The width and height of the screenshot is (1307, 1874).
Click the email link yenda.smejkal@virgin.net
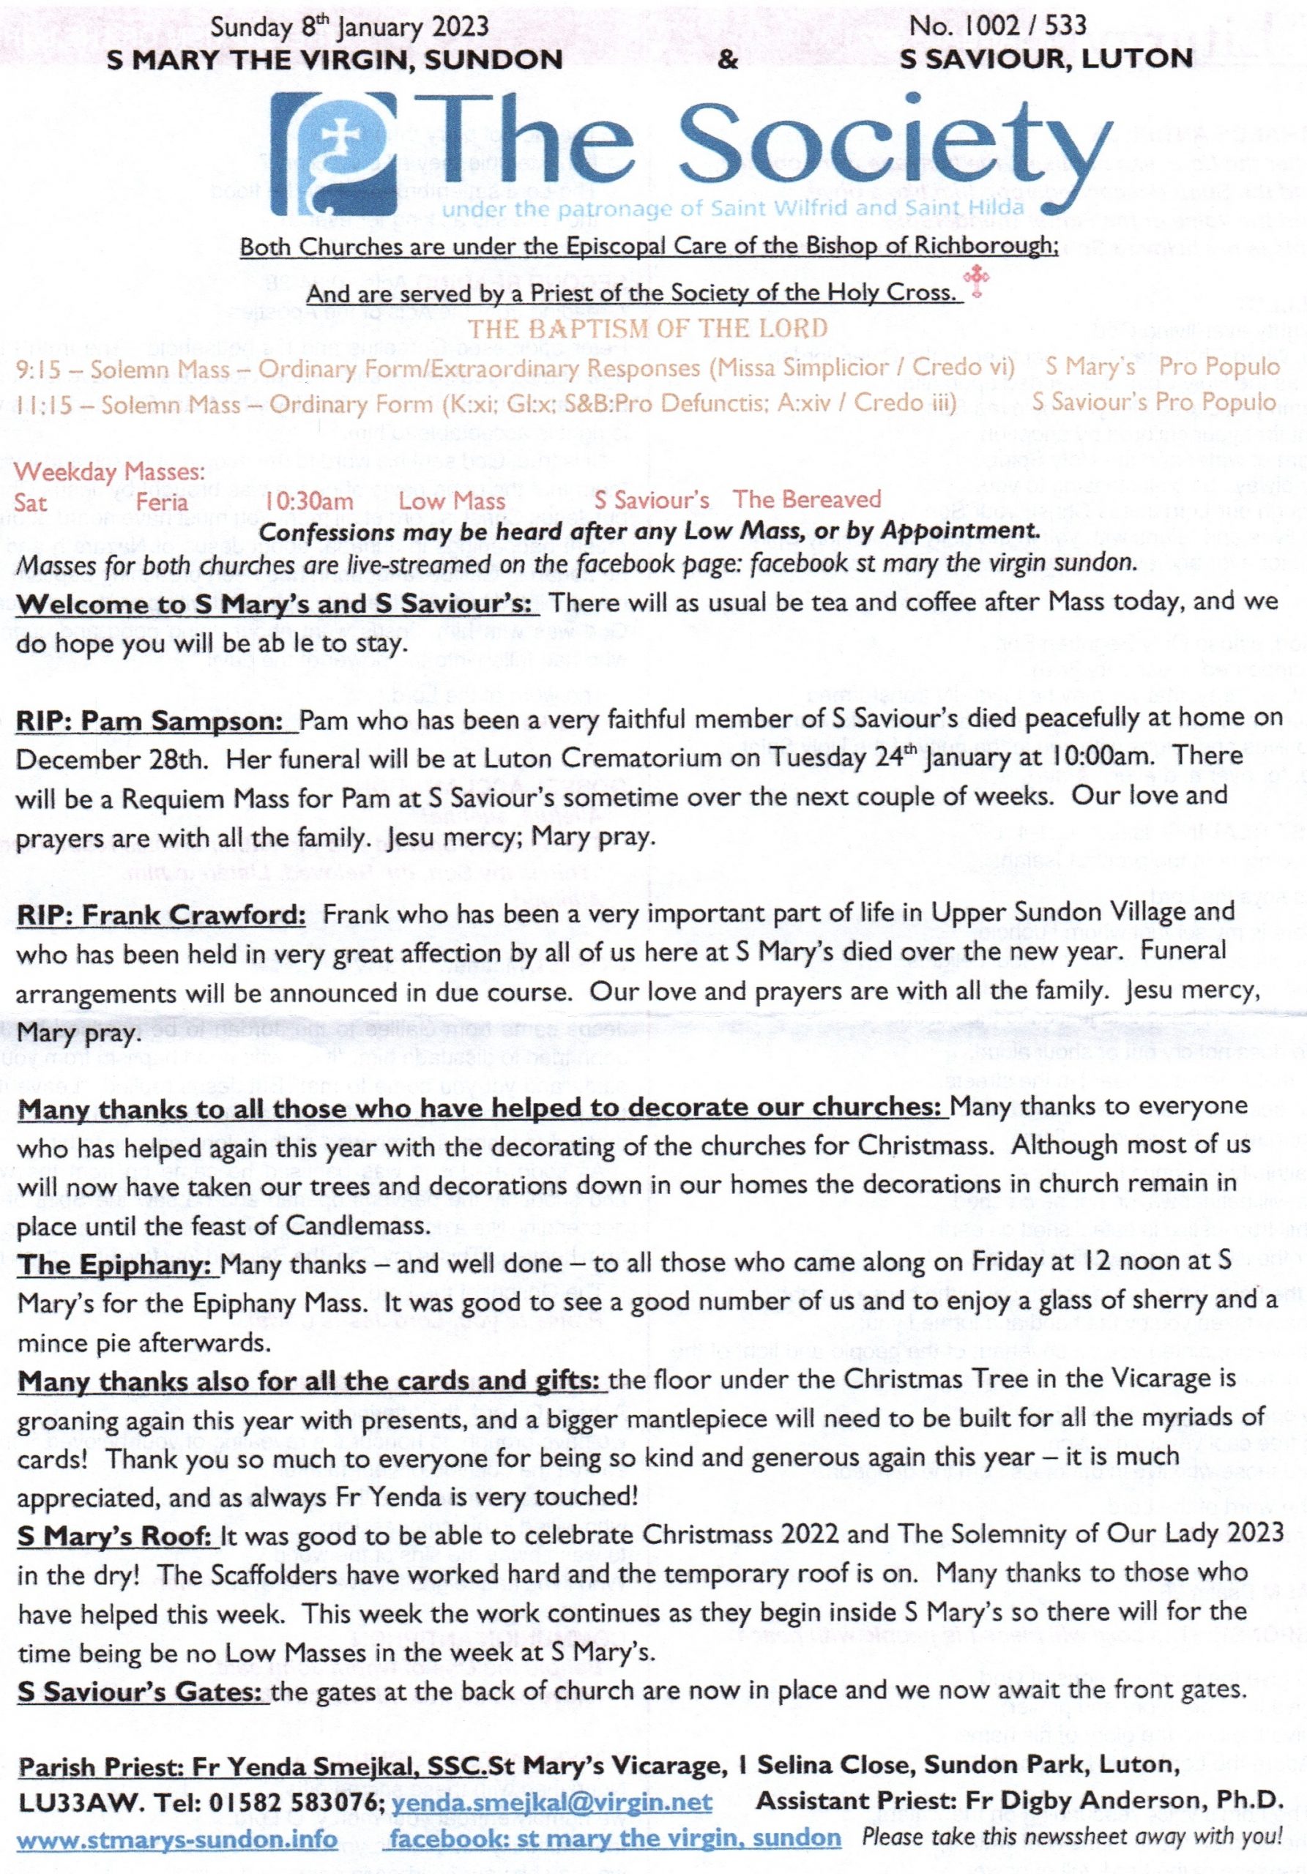(x=551, y=1801)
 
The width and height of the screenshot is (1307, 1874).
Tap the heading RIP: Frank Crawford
(x=162, y=915)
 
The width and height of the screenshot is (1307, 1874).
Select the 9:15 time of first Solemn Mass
(x=37, y=369)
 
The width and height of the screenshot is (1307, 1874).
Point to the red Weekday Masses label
(x=109, y=471)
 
